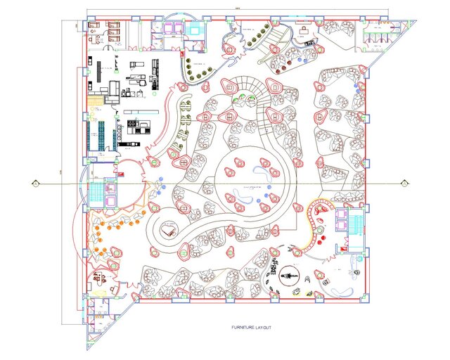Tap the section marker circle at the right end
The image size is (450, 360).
[404, 183]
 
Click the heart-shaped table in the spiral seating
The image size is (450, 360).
[168, 229]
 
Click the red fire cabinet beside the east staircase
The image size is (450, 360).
[345, 246]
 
